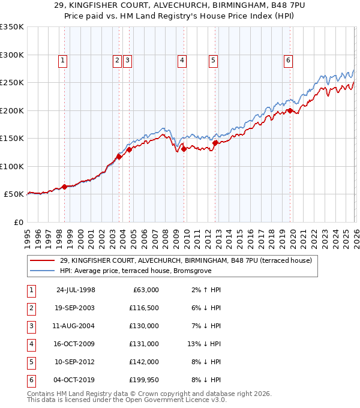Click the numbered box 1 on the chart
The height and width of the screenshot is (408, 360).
[x=63, y=59]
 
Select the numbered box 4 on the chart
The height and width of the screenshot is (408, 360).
[x=181, y=59]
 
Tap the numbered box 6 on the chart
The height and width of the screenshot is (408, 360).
[x=288, y=59]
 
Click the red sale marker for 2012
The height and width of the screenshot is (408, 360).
[x=215, y=143]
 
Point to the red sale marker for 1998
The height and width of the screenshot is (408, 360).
[x=65, y=187]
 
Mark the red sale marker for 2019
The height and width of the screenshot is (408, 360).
[x=290, y=110]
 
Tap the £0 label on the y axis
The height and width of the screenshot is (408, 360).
[x=17, y=223]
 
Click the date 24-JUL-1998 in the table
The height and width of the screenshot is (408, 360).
[x=75, y=290]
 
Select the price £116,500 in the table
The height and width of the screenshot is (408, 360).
[x=145, y=308]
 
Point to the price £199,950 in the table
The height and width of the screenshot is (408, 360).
[x=145, y=380]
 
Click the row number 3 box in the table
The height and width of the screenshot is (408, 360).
[x=31, y=326]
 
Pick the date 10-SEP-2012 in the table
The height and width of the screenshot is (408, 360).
[x=75, y=362]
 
